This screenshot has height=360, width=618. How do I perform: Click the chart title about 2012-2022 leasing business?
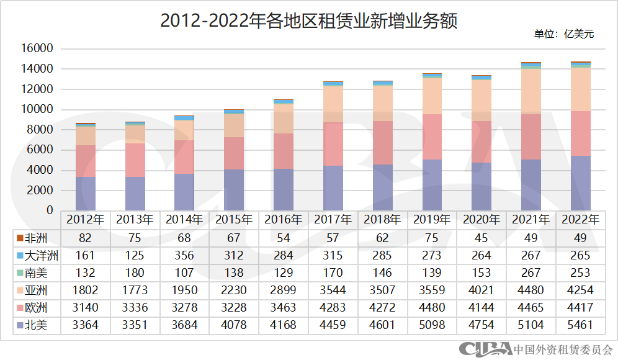308,21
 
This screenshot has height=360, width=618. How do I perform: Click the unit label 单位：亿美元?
563,34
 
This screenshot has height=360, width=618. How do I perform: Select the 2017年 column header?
333,220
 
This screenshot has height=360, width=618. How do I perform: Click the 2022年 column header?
581,220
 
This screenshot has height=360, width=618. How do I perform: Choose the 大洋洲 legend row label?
38,255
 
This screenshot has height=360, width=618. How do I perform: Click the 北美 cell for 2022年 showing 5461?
581,325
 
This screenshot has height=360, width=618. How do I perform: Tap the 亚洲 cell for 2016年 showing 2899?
284,290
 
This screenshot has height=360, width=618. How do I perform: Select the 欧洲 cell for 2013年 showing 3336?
135,307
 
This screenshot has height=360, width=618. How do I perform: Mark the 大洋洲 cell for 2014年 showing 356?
185,255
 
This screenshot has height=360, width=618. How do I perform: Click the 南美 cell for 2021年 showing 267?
531,272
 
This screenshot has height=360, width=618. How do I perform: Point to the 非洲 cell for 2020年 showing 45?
481,238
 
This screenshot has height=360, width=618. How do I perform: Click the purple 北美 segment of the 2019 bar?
432,185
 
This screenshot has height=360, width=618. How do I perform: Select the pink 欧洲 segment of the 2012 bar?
86,161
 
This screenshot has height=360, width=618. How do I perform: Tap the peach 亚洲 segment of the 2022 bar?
581,89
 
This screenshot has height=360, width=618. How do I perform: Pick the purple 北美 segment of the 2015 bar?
234,190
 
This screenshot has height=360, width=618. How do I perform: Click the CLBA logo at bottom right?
485,349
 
